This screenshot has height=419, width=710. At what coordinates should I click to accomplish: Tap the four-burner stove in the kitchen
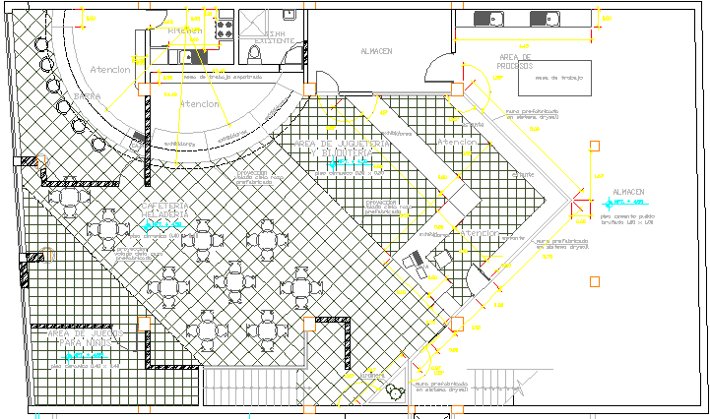click(223, 21)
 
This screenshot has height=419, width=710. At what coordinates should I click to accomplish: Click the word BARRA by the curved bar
click(89, 96)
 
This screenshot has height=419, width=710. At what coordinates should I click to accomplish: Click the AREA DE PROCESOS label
click(516, 61)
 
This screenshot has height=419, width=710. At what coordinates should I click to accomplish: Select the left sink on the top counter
click(488, 19)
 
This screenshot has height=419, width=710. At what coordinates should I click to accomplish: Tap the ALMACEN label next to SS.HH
click(376, 51)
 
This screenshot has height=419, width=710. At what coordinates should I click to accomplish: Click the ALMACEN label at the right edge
click(628, 192)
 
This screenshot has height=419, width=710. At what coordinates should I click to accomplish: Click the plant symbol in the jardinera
click(396, 390)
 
